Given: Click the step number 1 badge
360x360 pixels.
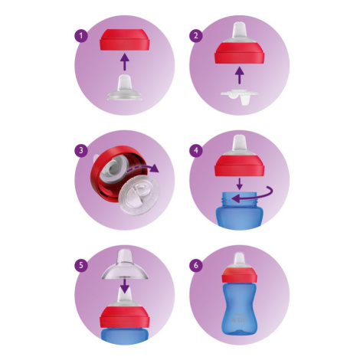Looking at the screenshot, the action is tap(81, 35).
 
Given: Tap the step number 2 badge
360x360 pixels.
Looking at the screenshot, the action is tap(196, 35).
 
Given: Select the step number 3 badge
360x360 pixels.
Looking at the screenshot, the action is tap(81, 150).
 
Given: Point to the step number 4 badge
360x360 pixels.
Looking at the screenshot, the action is tap(196, 150).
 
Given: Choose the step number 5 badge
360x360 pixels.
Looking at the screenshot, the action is tap(81, 265).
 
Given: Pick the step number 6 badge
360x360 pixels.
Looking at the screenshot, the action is tap(196, 265).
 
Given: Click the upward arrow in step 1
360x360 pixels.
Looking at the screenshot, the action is tap(125, 61).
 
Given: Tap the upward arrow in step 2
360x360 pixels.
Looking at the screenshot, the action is tap(239, 75).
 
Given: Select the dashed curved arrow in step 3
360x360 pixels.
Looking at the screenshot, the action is tap(143, 168).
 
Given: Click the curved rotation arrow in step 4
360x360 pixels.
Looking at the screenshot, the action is tap(266, 196).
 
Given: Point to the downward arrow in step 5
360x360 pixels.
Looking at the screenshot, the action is tap(125, 286).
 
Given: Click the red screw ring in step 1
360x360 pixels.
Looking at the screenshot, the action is tap(125, 40).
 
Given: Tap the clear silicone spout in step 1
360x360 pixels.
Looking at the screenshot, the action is tap(125, 87).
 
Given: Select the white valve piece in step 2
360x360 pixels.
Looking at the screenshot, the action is tap(239, 97).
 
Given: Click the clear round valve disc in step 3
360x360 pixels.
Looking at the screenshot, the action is tap(139, 195).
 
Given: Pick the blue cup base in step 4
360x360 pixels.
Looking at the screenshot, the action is tap(239, 211).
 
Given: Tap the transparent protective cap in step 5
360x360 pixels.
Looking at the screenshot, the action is tap(125, 264).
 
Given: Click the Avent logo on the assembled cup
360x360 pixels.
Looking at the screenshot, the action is tap(239, 320).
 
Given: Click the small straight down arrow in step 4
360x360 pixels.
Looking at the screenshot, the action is tap(239, 184).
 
